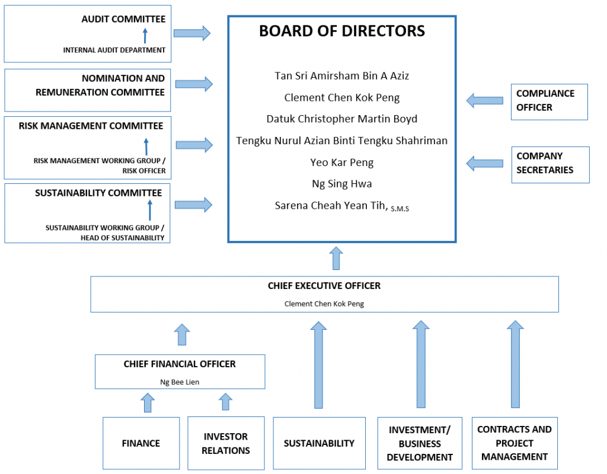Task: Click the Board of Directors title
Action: point(341,31)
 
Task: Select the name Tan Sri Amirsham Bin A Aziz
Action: point(341,76)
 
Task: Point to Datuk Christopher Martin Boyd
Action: point(341,119)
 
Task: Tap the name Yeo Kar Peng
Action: point(341,163)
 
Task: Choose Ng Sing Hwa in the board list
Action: point(341,184)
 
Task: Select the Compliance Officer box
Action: point(549,101)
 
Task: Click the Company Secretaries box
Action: point(550,164)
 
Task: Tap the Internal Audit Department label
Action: point(114,50)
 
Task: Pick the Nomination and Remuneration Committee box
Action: point(88,90)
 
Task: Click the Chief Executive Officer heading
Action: point(324,286)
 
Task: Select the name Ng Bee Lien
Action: point(180,382)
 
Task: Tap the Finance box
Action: point(141,443)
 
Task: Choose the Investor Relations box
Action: point(226,443)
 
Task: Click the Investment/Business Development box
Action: point(420,443)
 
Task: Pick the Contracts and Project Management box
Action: point(514,443)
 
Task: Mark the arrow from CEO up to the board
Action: point(336,259)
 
